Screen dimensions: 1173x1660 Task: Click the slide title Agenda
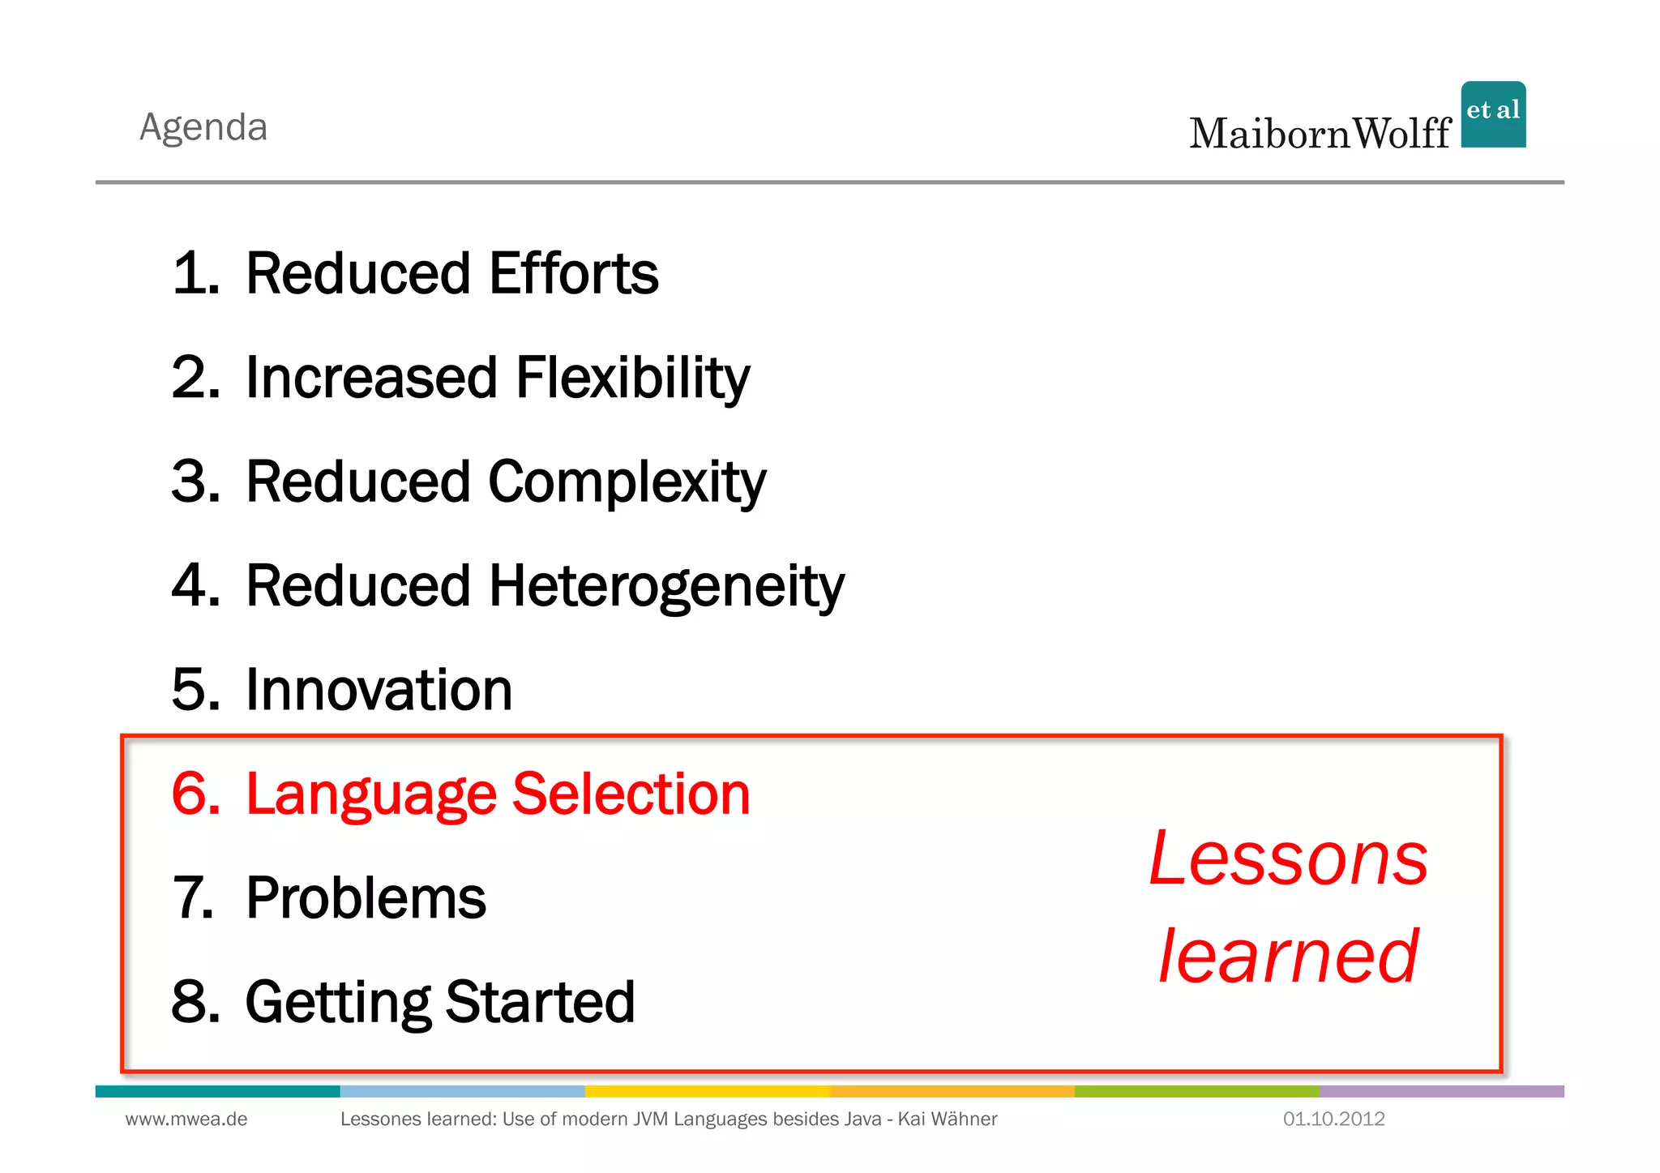[203, 128]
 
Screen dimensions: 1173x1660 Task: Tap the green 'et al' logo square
[1493, 114]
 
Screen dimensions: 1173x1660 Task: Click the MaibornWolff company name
[1320, 134]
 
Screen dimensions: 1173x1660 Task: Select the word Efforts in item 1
[574, 273]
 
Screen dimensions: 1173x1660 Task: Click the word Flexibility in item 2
[632, 379]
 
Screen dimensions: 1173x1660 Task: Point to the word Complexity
[627, 482]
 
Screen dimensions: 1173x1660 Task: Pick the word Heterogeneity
[666, 586]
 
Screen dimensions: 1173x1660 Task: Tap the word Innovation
[379, 690]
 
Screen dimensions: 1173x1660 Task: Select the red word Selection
[631, 794]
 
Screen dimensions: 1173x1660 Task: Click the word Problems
[366, 898]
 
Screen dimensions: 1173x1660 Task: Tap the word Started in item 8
[540, 1002]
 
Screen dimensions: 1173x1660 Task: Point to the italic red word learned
[1289, 957]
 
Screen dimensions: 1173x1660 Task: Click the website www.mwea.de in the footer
[186, 1119]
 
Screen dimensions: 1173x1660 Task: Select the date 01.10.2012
[1333, 1119]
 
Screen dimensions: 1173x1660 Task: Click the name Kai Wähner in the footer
[948, 1119]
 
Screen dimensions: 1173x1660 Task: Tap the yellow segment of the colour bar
[707, 1092]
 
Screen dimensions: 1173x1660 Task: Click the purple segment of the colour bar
[1441, 1092]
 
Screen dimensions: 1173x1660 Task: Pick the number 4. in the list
[195, 586]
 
